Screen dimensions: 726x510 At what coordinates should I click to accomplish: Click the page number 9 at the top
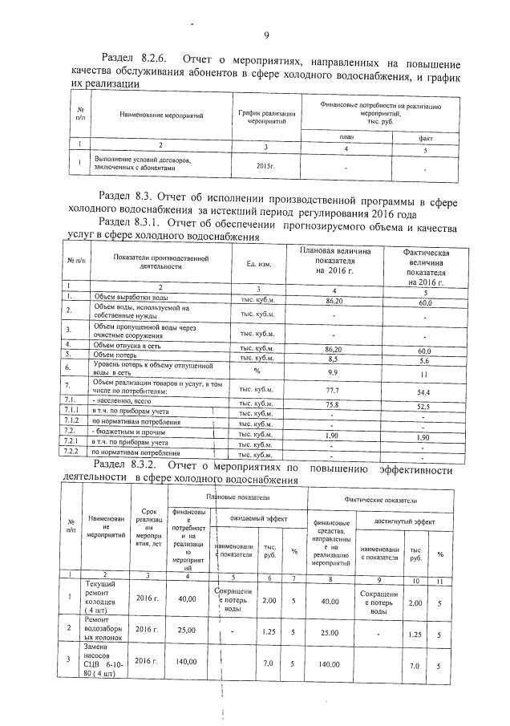tap(265, 34)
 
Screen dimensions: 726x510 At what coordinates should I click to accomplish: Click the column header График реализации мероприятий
tap(261, 117)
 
